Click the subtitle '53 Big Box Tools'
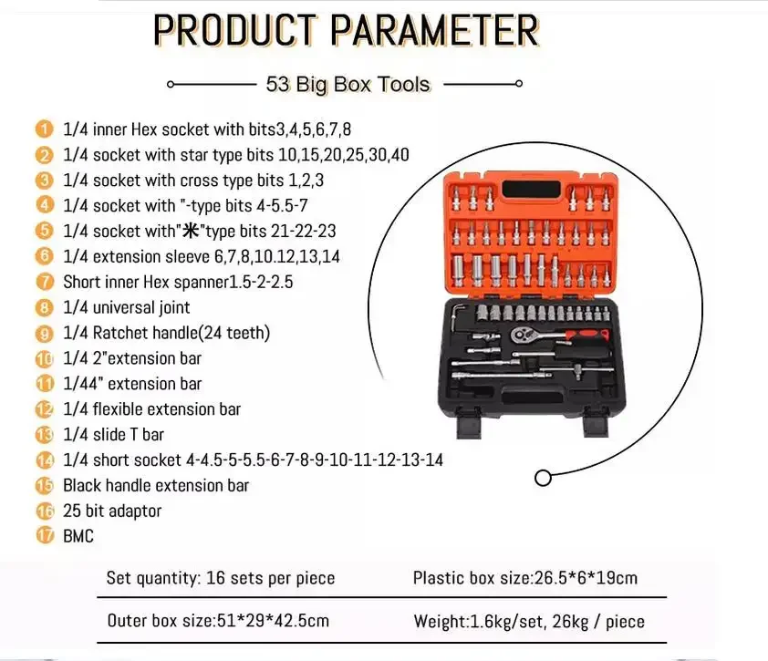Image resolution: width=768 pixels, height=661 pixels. pos(348,84)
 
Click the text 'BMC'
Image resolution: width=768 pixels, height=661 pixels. pos(78,536)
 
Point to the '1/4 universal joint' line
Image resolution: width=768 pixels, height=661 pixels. pos(127,307)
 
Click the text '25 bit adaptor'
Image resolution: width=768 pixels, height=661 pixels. pos(112,511)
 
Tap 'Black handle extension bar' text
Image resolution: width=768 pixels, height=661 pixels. pos(156,485)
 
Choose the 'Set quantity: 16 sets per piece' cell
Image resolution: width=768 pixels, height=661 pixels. pos(221,578)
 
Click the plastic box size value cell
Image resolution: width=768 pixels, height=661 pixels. pos(525,578)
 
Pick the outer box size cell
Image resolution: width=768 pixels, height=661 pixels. pos(218,622)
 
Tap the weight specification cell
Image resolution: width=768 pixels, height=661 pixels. pos(529,622)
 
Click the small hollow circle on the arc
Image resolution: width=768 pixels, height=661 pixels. pos(543,478)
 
